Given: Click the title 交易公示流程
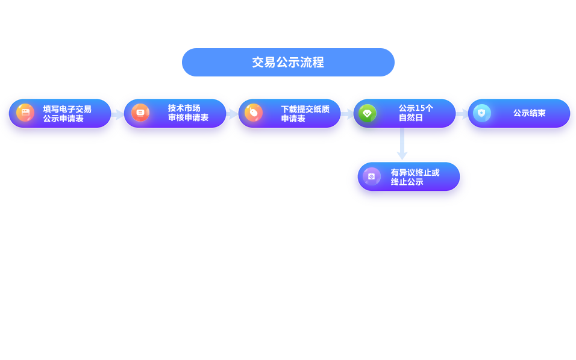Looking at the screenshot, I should tap(288, 63).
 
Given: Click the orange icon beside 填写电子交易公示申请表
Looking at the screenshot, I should tap(25, 113).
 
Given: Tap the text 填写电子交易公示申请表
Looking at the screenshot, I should tap(67, 113).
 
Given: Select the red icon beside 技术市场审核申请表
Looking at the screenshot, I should tap(140, 113).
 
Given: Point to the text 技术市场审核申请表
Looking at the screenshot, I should tap(188, 113).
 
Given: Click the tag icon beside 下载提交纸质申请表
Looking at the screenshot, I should tap(254, 113).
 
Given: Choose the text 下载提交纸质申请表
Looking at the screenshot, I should tap(305, 113).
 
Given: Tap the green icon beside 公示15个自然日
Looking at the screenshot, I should tap(367, 113).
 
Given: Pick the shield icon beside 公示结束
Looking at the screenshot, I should tap(481, 113).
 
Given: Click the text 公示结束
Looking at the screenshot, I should tap(529, 113).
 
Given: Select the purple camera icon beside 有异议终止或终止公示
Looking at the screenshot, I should tap(372, 176).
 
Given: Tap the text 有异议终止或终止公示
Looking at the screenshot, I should tap(415, 176).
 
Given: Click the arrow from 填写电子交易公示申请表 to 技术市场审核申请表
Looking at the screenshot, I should tap(117, 114).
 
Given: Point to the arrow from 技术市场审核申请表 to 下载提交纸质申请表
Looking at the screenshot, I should tap(232, 114).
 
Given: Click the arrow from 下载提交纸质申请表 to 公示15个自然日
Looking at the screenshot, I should tap(348, 114).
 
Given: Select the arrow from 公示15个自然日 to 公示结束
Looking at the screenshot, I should tap(462, 114).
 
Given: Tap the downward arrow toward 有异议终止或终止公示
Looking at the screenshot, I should tap(402, 146).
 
